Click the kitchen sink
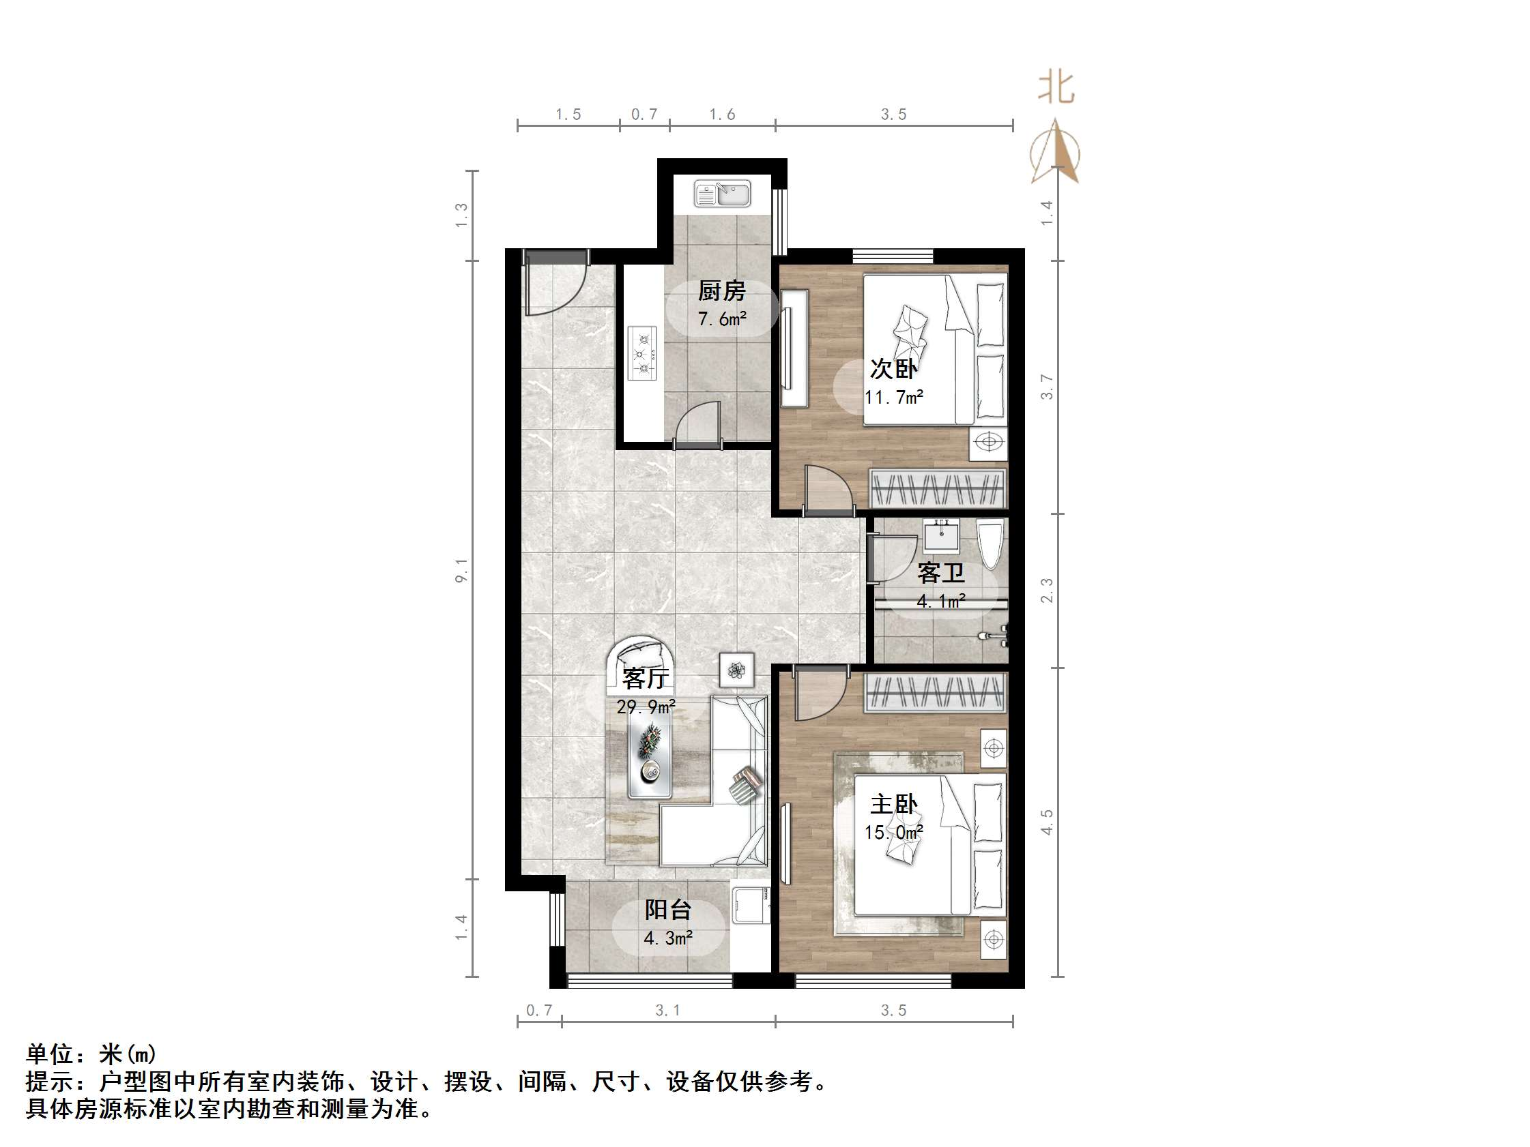pos(722,194)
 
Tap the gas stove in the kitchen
pos(644,353)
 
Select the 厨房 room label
pos(721,291)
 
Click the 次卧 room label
pos(893,368)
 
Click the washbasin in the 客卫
pos(941,537)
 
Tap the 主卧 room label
pos(894,804)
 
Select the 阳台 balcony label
pos(667,909)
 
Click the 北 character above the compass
pos(1056,89)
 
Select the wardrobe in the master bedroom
pos(935,693)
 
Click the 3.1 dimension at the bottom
pos(667,1010)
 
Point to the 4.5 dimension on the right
pos(1047,821)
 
